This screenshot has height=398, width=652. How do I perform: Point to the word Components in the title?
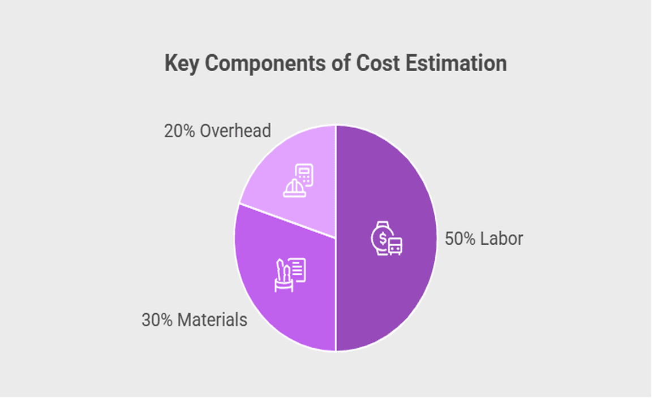pos(264,63)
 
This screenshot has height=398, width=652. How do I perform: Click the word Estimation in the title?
pos(457,63)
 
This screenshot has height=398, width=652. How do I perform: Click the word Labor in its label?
pos(501,239)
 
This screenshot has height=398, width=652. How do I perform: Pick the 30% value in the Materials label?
pos(157,320)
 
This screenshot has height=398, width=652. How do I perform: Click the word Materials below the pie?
pos(212,320)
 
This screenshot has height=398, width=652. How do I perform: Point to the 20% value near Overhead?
pos(179,131)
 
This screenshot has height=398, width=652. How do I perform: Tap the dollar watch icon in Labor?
pos(387,239)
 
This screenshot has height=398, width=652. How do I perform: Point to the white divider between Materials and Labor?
pos(336,305)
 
